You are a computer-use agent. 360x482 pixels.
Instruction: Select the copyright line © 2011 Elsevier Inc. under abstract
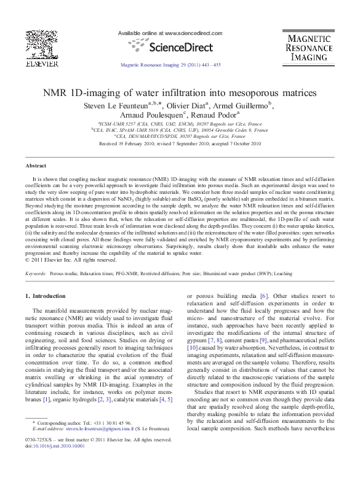click(72, 259)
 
